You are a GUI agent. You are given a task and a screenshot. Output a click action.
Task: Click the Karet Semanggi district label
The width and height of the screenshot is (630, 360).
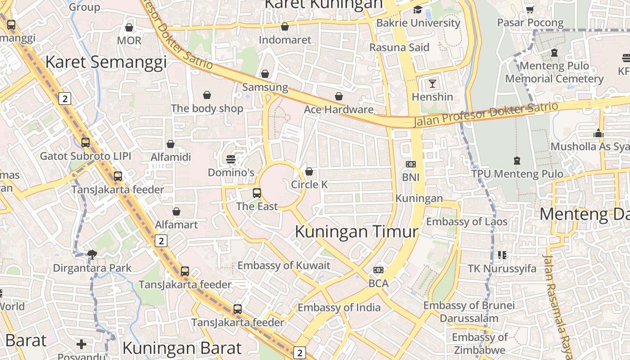106,62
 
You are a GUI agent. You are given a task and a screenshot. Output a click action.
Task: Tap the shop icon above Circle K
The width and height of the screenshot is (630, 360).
309,171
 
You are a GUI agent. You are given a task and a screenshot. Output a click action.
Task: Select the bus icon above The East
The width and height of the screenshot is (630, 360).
257,193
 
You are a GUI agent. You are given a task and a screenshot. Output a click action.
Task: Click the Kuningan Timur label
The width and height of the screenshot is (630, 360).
356,232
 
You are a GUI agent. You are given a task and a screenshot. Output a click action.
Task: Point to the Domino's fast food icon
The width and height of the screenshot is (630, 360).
231,159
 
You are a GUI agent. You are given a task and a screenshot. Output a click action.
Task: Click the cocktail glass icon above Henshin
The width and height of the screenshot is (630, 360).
432,83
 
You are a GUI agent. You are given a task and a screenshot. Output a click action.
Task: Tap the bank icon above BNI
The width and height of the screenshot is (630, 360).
410,164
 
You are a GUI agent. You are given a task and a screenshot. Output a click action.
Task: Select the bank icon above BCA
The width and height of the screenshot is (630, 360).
378,270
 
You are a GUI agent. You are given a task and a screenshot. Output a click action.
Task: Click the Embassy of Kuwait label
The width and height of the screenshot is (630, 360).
284,265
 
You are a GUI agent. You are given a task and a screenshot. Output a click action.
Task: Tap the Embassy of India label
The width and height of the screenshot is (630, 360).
339,308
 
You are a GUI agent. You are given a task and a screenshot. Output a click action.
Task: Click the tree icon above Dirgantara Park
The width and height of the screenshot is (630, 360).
92,255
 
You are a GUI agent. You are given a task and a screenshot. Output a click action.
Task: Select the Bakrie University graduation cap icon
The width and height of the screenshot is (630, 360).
418,9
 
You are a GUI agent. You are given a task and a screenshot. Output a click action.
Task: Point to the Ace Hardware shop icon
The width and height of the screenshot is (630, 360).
339,96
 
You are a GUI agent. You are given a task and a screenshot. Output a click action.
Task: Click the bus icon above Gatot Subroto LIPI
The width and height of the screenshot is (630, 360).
85,143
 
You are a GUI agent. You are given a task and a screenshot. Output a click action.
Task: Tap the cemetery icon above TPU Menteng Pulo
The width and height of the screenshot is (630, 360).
517,160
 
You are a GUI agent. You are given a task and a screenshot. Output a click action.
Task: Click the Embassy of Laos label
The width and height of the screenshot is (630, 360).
467,221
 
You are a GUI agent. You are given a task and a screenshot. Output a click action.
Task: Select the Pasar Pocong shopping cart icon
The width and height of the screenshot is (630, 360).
530,9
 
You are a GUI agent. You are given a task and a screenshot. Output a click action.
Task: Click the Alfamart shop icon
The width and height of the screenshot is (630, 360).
176,211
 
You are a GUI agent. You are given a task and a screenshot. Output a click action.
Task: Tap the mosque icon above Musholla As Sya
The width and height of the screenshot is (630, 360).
598,133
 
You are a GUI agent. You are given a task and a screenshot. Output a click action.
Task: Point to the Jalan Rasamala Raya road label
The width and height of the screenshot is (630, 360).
558,306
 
